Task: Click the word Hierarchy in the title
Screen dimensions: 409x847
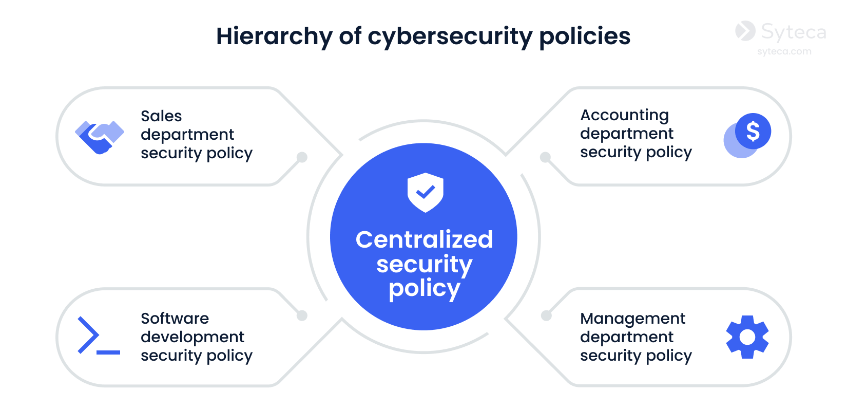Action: [274, 36]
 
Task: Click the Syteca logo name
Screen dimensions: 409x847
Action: [793, 32]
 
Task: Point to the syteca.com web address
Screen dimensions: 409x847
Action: [784, 51]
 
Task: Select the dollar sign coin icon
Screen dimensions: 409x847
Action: [753, 132]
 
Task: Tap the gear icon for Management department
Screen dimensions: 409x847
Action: [747, 337]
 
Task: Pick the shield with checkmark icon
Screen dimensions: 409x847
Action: [425, 193]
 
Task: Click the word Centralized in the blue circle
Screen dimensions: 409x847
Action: [424, 239]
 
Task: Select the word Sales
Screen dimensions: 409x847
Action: [161, 116]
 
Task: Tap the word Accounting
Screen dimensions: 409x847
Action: [624, 115]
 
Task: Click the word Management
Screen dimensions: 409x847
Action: [632, 319]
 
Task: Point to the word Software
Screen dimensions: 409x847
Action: [175, 319]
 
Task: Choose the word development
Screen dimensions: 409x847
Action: [192, 337]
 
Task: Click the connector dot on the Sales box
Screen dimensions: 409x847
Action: [302, 157]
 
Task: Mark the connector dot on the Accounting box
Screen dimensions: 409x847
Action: [545, 157]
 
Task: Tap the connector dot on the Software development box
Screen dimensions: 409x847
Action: [302, 315]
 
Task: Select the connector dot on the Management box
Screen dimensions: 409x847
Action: [546, 315]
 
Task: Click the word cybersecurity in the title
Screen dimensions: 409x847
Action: [450, 36]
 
